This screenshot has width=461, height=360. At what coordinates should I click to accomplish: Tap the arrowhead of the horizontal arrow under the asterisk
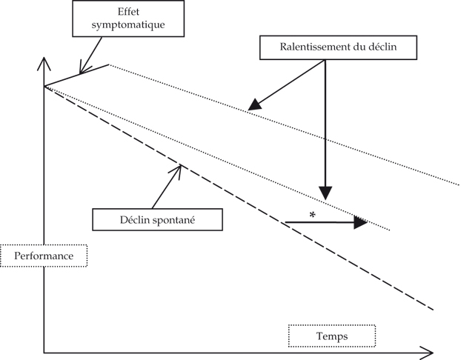(361, 222)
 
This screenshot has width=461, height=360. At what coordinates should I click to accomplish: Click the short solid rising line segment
(76, 76)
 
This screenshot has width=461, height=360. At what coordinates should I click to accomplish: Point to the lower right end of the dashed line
(432, 307)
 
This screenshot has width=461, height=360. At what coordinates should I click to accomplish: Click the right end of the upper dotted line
(459, 183)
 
